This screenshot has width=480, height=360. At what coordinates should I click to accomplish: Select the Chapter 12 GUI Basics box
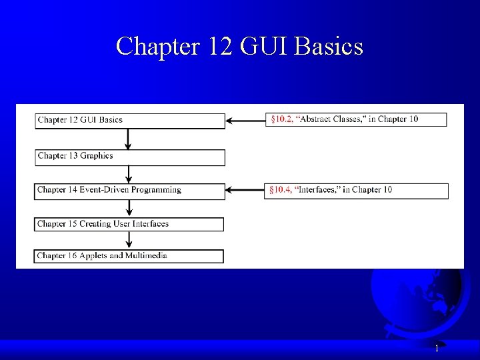point(130,120)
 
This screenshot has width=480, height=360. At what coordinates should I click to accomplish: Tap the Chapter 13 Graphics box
point(130,157)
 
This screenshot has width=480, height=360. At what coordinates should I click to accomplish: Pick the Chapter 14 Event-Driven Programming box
point(130,190)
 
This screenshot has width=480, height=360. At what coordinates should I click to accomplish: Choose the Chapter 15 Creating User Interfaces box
point(129,224)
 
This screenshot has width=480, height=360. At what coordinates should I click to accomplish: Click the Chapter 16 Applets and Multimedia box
point(129,255)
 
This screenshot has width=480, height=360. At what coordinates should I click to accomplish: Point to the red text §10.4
point(280,190)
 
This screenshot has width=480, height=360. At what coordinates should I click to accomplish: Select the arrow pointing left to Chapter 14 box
point(245,191)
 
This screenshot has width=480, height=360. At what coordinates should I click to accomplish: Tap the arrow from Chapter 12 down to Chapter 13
point(128,139)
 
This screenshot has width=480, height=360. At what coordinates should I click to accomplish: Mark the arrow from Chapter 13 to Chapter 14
point(128,173)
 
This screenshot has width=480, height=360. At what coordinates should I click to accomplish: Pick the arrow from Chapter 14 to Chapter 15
point(128,207)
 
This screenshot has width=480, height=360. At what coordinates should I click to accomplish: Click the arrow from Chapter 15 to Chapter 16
point(128,240)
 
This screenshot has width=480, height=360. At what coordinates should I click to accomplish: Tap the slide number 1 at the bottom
point(437,348)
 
